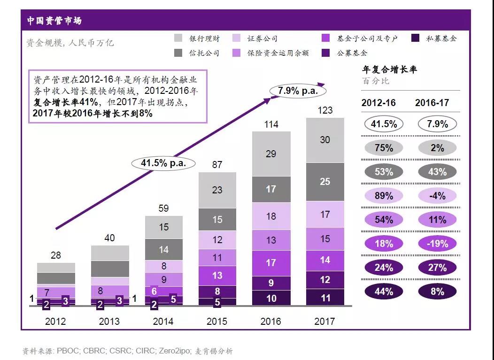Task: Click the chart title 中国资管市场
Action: tap(54, 21)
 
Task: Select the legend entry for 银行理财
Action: tap(197, 38)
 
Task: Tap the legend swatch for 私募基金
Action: tap(415, 38)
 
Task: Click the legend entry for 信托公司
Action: tap(197, 53)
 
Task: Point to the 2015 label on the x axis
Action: tap(217, 322)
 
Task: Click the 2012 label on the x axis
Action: tap(55, 322)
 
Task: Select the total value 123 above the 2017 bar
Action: tap(325, 110)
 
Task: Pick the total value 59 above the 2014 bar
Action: tap(163, 208)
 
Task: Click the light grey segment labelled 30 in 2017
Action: tap(325, 140)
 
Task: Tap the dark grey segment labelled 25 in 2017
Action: tap(325, 182)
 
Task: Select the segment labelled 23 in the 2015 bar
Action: tap(217, 190)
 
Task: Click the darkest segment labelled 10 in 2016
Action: tap(271, 298)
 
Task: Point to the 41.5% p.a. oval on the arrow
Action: tap(164, 163)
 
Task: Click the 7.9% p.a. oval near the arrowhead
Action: tap(298, 91)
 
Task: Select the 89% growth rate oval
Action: tap(384, 196)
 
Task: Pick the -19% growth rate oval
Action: tap(437, 244)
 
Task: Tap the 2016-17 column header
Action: tap(432, 103)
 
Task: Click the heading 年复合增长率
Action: tap(389, 70)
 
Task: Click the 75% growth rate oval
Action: tap(384, 148)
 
